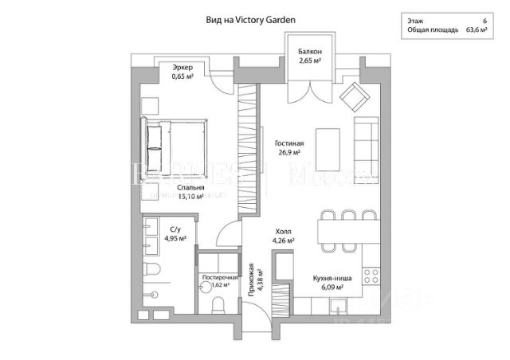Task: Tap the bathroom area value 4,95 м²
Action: pos(175,237)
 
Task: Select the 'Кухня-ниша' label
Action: pos(328,279)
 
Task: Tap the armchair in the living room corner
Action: pos(351,100)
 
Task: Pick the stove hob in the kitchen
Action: pos(371,276)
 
